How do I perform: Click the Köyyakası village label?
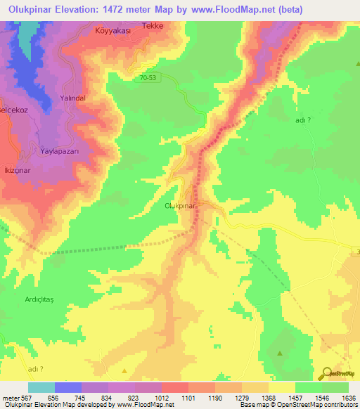[x=113, y=32]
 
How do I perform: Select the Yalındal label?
[x=72, y=98]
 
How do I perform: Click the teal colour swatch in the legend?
[x=41, y=387]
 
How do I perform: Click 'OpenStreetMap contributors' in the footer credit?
[x=321, y=405]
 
